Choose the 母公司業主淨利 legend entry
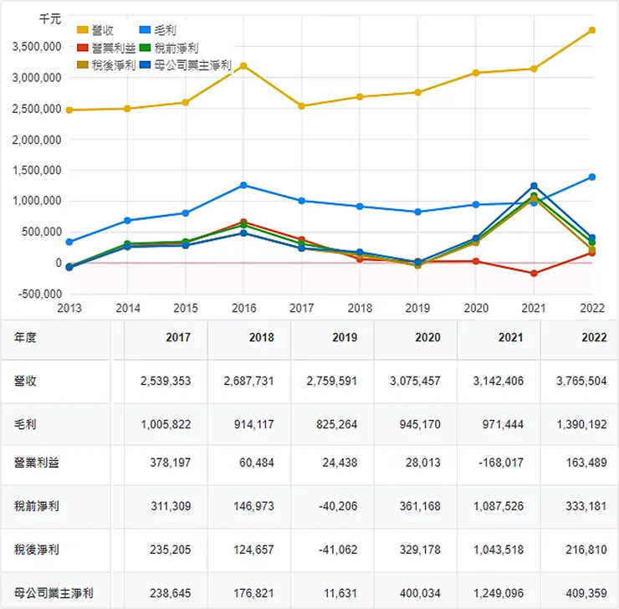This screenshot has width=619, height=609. pyautogui.click(x=193, y=64)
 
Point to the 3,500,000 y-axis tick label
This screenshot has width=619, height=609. pyautogui.click(x=37, y=47)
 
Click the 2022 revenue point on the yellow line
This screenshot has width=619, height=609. pyautogui.click(x=591, y=30)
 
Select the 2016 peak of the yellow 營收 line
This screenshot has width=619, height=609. pyautogui.click(x=243, y=65)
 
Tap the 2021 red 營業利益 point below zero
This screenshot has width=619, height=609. pyautogui.click(x=534, y=274)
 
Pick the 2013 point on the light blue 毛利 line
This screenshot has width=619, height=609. pyautogui.click(x=69, y=242)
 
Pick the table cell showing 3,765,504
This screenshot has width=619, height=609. pyautogui.click(x=581, y=381)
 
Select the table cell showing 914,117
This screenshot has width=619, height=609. pyautogui.click(x=250, y=423)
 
